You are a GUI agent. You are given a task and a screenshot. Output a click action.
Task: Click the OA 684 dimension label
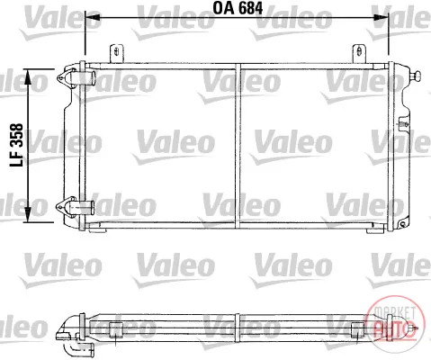(x=238, y=8)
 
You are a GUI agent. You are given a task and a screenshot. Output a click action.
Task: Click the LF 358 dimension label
(x=16, y=145)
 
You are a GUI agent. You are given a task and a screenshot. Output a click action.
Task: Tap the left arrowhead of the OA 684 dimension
(x=93, y=18)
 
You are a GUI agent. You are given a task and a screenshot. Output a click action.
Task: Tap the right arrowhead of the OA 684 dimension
(x=381, y=18)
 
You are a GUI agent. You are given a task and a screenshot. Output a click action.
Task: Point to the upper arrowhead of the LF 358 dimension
(x=27, y=76)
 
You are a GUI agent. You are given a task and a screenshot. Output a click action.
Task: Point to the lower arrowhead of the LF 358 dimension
(x=27, y=214)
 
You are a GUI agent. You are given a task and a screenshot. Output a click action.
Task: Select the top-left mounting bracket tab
(x=116, y=54)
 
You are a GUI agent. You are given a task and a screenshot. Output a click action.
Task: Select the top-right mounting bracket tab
(x=359, y=54)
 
